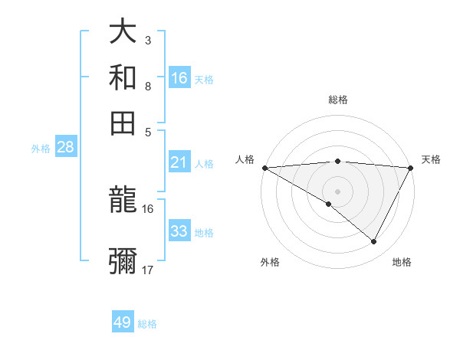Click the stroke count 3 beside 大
pyautogui.click(x=148, y=40)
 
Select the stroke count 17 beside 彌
pyautogui.click(x=148, y=270)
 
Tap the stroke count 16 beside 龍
pyautogui.click(x=148, y=208)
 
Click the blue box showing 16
pyautogui.click(x=179, y=78)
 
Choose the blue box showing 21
pyautogui.click(x=179, y=162)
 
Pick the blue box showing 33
pyautogui.click(x=179, y=231)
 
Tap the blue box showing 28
pyautogui.click(x=65, y=148)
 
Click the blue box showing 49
pyautogui.click(x=123, y=322)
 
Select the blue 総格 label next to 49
pyautogui.click(x=148, y=324)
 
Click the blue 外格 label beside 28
pyautogui.click(x=41, y=149)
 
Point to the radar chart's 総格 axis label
pyautogui.click(x=337, y=100)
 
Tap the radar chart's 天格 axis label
pyautogui.click(x=432, y=159)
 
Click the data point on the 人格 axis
pyautogui.click(x=264, y=168)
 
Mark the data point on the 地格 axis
pyautogui.click(x=374, y=242)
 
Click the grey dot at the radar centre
pyautogui.click(x=337, y=191)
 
